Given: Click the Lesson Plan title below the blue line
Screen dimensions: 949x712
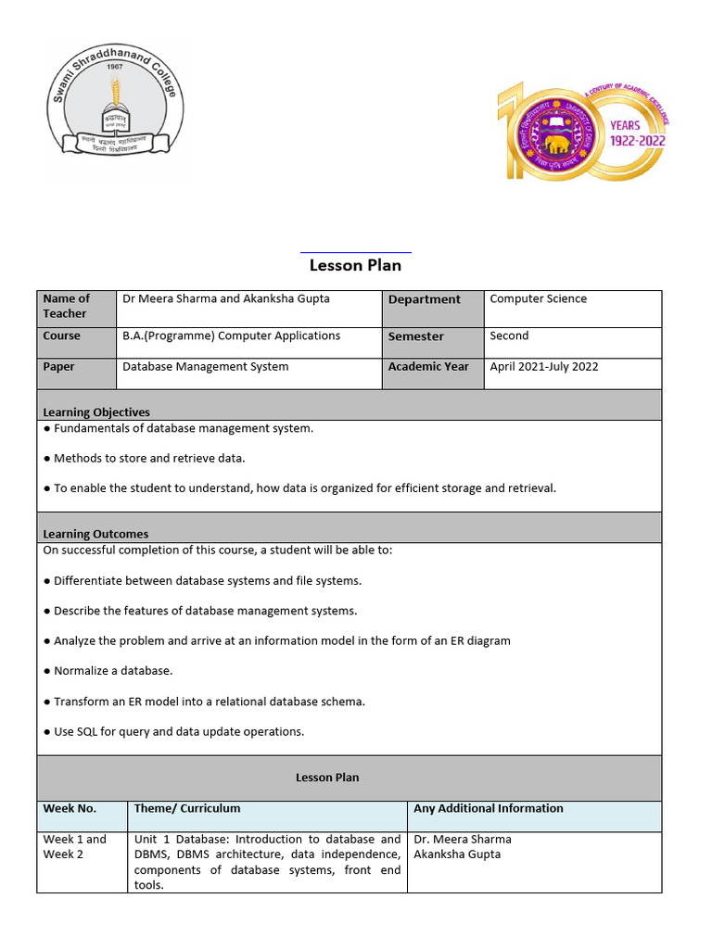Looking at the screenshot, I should pyautogui.click(x=355, y=265).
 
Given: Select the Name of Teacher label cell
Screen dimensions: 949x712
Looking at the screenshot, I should pyautogui.click(x=67, y=306).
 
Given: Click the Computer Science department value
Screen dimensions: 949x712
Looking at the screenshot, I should pyautogui.click(x=538, y=298).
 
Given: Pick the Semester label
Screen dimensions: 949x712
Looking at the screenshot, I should pyautogui.click(x=416, y=336).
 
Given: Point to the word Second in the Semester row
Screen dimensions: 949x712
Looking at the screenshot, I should pyautogui.click(x=509, y=335).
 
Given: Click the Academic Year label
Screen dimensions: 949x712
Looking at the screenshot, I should pyautogui.click(x=428, y=366).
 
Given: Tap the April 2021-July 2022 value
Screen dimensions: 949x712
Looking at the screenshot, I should pyautogui.click(x=544, y=366).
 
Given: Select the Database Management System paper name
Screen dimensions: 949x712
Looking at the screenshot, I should pyautogui.click(x=205, y=366).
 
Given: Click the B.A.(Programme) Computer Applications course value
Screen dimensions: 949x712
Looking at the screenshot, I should pyautogui.click(x=231, y=335).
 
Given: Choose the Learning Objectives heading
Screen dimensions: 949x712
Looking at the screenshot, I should pyautogui.click(x=96, y=411).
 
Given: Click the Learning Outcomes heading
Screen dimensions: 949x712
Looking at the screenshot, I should pyautogui.click(x=95, y=534).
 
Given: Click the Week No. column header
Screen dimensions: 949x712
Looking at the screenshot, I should pyautogui.click(x=70, y=808).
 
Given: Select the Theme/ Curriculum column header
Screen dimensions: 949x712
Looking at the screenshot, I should pyautogui.click(x=187, y=808).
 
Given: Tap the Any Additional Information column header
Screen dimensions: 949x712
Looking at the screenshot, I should pyautogui.click(x=489, y=808).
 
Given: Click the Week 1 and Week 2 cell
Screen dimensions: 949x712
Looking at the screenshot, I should pyautogui.click(x=75, y=846).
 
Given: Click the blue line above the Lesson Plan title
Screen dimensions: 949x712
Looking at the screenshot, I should pyautogui.click(x=356, y=252).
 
